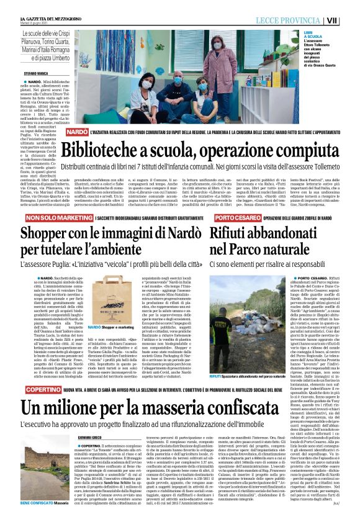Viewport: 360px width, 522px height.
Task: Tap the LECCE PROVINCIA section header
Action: coord(296,20)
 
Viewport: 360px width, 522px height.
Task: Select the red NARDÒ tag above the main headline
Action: coord(78,133)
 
